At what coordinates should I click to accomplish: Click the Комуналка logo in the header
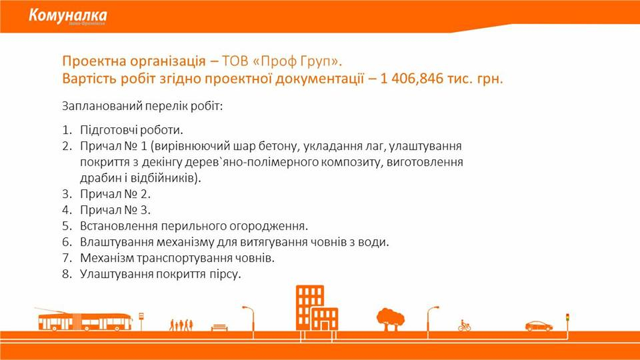point(68,16)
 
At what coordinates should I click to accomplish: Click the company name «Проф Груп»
point(297,61)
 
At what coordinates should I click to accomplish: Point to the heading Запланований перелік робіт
point(143,106)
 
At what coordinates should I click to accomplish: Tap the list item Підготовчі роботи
point(131,130)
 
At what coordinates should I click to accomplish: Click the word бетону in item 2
point(278,146)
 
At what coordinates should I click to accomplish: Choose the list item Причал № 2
point(115,194)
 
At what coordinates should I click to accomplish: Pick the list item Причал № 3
point(115,210)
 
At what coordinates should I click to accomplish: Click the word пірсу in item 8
point(225,274)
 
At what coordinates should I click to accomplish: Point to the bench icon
point(219,327)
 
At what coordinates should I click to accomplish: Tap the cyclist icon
point(464,325)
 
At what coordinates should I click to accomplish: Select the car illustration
point(539,326)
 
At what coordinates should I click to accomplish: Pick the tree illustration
point(390,319)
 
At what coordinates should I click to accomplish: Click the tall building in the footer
point(310,307)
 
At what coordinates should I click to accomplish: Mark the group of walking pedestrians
point(181,325)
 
